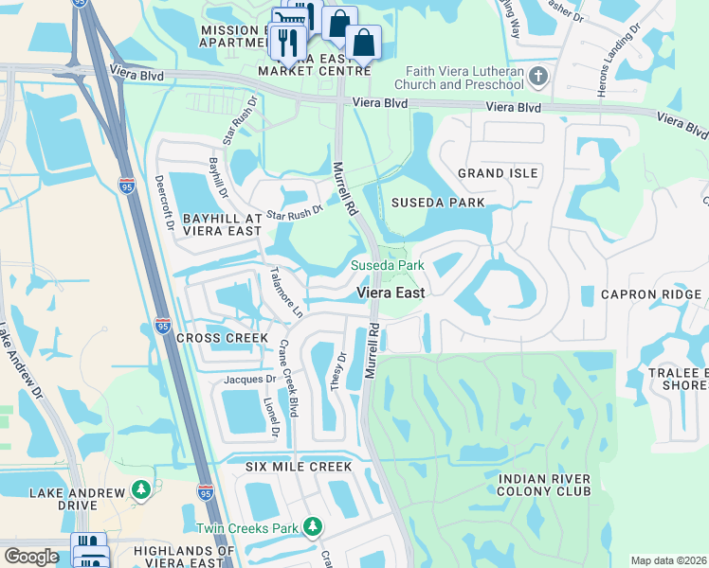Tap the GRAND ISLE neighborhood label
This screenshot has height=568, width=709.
(x=498, y=173)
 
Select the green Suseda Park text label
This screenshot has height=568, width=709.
(x=388, y=265)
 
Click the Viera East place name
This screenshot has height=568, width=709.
(x=390, y=293)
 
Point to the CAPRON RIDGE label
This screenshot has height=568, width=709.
(x=651, y=294)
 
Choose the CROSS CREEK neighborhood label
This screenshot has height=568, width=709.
(x=215, y=338)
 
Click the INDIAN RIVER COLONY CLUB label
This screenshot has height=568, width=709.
(x=544, y=486)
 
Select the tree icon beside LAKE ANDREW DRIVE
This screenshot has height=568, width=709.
(x=141, y=488)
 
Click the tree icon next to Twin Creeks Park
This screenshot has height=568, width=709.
(x=313, y=526)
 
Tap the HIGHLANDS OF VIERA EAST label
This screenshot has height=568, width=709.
(x=184, y=557)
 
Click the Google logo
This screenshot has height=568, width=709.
(x=30, y=557)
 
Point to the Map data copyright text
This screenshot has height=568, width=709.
(x=668, y=560)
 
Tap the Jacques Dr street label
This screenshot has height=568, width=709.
(x=248, y=380)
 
